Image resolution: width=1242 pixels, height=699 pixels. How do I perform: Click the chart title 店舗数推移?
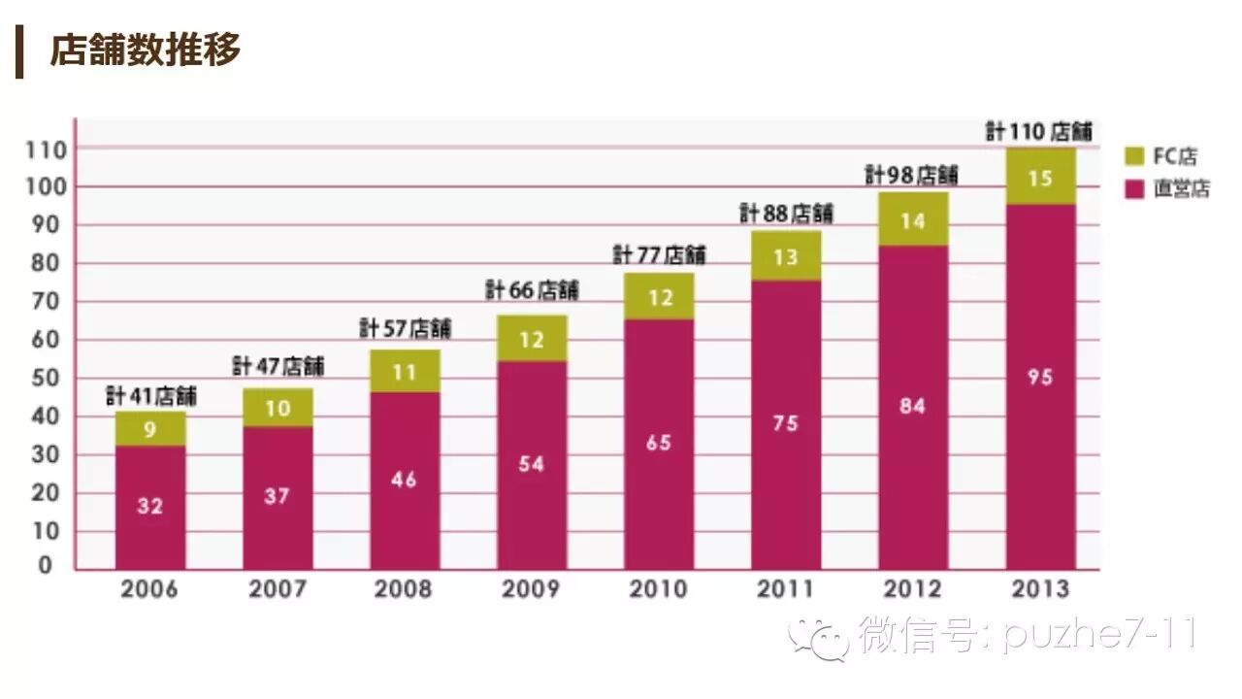tap(145, 50)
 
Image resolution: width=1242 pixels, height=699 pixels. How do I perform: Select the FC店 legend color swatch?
tap(1135, 155)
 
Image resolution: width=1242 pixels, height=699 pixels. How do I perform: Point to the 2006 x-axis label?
tap(149, 589)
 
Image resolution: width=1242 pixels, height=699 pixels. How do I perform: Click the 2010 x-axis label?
tap(658, 589)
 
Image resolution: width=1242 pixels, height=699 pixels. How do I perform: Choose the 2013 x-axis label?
tap(1039, 589)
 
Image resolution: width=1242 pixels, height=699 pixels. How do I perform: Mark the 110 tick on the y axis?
tap(47, 150)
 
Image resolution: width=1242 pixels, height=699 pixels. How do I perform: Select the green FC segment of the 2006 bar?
tap(150, 428)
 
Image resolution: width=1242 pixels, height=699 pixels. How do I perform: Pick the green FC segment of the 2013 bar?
tap(1040, 177)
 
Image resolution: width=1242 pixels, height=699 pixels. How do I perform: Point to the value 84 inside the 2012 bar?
tap(913, 406)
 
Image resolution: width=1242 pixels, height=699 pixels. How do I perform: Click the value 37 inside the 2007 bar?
tap(278, 496)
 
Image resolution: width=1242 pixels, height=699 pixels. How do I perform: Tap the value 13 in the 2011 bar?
tap(786, 256)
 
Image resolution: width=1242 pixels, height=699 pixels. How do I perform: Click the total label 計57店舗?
tap(405, 328)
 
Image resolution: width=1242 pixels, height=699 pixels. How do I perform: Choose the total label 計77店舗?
tap(659, 254)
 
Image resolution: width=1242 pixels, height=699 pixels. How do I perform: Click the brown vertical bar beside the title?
tap(19, 51)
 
